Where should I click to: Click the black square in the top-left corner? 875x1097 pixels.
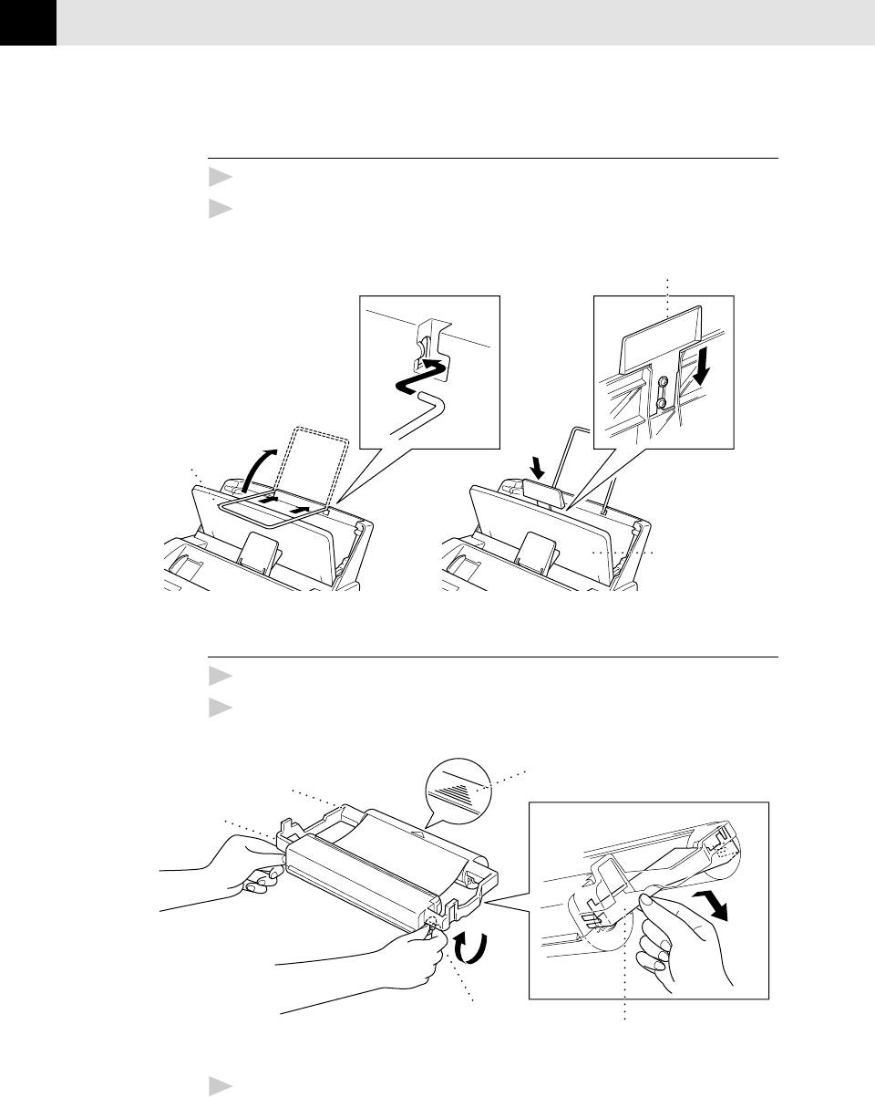point(27,22)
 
